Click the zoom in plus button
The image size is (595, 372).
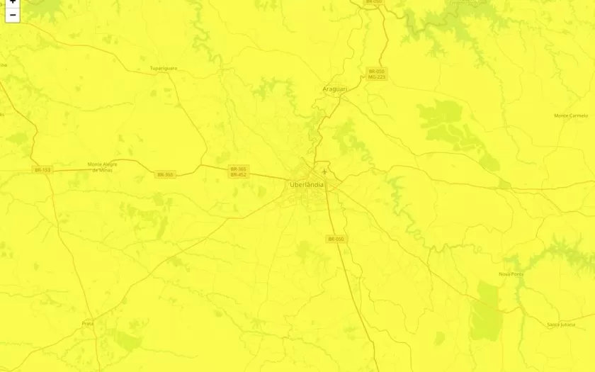point(12,3)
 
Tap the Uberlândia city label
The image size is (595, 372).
point(307,185)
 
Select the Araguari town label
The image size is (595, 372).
point(334,89)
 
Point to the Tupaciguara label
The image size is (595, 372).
point(163,68)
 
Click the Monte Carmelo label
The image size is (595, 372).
point(570,115)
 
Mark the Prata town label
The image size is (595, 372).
point(88,323)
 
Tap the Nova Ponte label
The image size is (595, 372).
point(511,274)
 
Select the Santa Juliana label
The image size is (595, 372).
point(561,325)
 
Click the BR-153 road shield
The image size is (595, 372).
point(42,169)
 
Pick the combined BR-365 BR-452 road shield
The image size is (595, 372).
point(238,171)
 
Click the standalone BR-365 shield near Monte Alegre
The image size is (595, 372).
point(165,174)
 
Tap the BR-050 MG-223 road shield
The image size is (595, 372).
point(376,74)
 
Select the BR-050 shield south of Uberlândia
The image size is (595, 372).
point(336,239)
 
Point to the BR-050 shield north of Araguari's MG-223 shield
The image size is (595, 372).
point(373,2)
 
